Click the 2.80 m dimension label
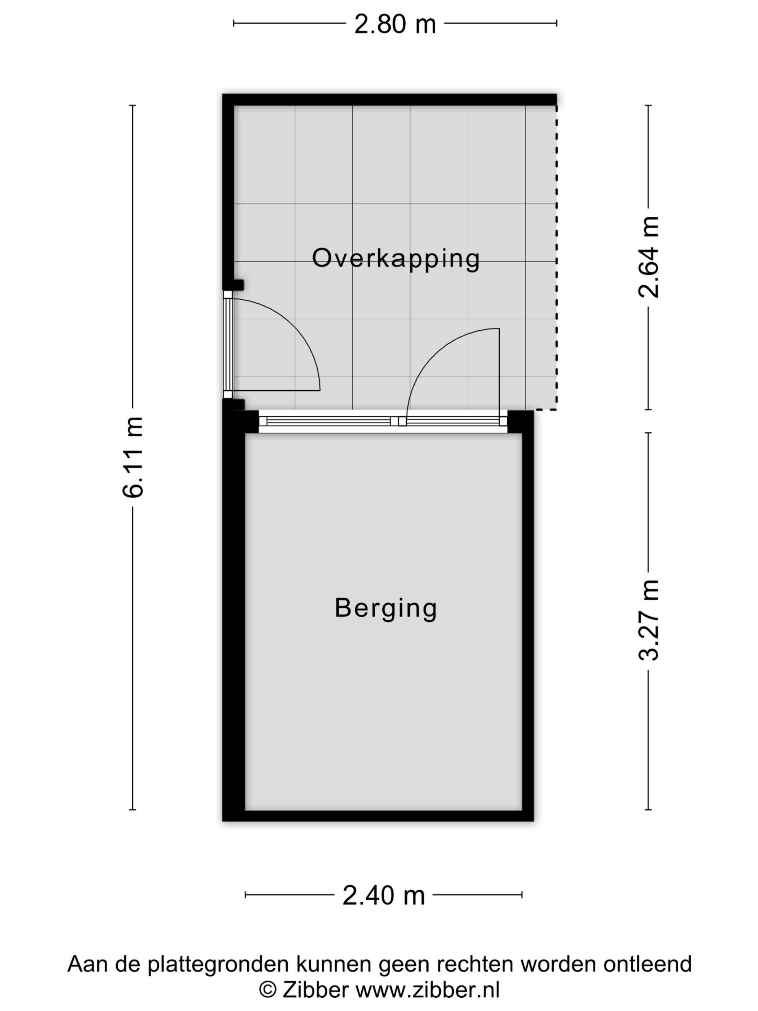(395, 24)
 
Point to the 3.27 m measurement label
(649, 620)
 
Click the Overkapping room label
(396, 259)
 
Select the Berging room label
(385, 609)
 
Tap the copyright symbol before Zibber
(268, 990)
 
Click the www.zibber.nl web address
(428, 990)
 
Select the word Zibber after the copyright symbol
(315, 990)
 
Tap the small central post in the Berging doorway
(402, 421)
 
